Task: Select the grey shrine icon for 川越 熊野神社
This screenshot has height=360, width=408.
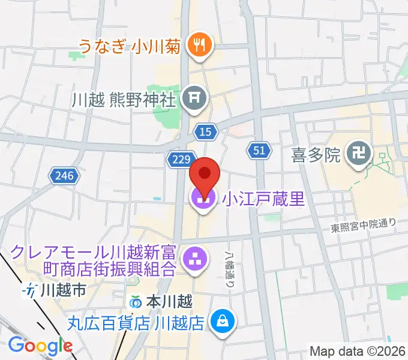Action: pos(194,95)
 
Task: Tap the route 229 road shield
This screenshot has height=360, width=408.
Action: pos(181,160)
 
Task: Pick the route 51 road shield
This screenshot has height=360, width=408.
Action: pos(257,151)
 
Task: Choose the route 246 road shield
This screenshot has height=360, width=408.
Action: pos(64,176)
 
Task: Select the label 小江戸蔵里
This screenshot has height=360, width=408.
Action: pos(264,199)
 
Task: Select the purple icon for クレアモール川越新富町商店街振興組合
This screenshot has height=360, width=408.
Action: pos(194,260)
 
